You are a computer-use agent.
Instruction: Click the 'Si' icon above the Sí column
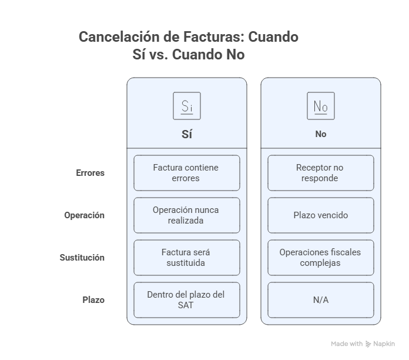[x=186, y=106]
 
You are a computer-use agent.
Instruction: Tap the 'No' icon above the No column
[x=320, y=106]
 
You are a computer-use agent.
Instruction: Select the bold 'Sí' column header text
[x=186, y=134]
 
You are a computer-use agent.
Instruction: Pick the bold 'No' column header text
[x=320, y=134]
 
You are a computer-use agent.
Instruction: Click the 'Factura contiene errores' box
[x=186, y=173]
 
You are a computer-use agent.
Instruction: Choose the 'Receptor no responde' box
[x=320, y=173]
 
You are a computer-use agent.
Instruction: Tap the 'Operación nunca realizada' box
[x=186, y=215]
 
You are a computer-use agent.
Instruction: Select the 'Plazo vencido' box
[x=320, y=215]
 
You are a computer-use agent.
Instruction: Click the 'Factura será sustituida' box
[x=186, y=258]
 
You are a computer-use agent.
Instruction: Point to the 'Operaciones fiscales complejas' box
[x=320, y=258]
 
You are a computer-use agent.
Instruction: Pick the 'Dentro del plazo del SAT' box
[x=186, y=300]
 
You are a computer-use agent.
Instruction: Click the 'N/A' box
[x=320, y=300]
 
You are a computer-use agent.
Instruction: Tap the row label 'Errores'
[x=90, y=173]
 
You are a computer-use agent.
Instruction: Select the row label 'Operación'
[x=84, y=215]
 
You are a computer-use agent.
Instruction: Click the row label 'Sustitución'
[x=82, y=258]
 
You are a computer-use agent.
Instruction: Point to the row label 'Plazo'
[x=93, y=300]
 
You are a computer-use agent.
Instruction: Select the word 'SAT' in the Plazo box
[x=186, y=305]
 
